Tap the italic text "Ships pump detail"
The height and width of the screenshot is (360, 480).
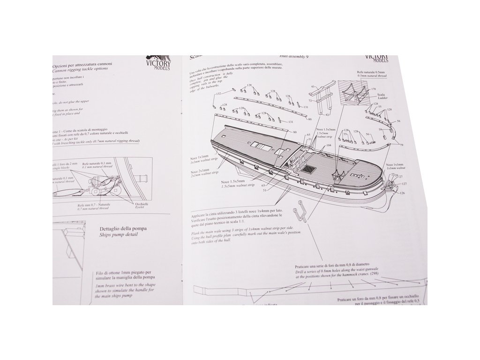pyautogui.click(x=119, y=235)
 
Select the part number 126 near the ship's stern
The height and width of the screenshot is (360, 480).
pyautogui.click(x=390, y=192)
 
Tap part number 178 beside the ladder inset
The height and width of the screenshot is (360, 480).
pyautogui.click(x=374, y=89)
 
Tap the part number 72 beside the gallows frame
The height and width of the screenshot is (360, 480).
pyautogui.click(x=310, y=100)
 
